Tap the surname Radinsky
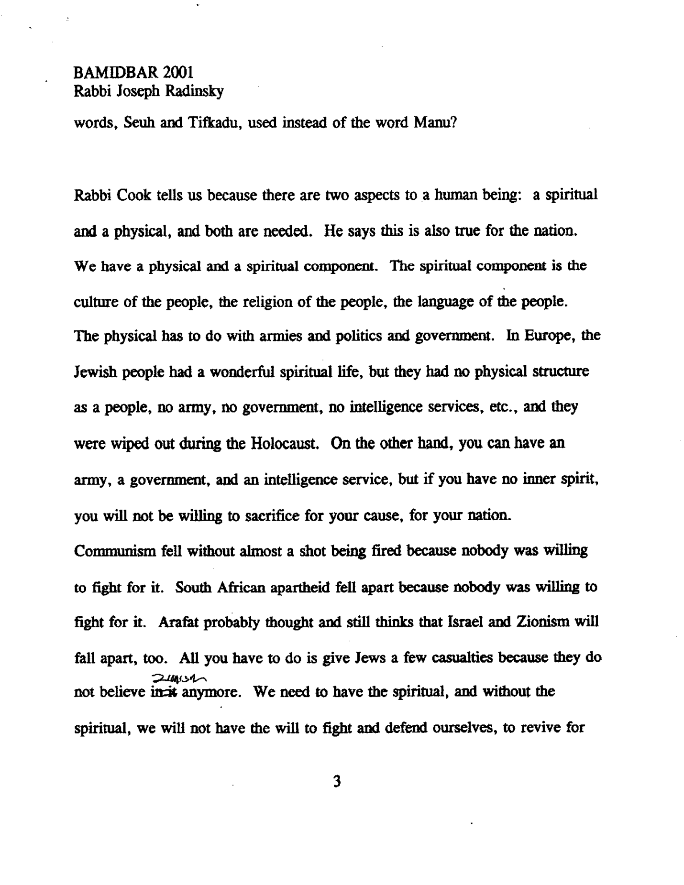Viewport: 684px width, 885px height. [194, 91]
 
